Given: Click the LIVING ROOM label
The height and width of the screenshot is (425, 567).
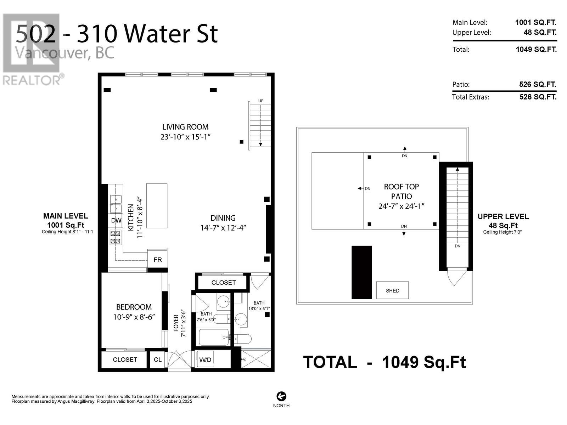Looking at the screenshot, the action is (x=185, y=127).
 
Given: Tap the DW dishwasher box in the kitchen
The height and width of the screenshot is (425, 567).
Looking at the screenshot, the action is (x=116, y=220).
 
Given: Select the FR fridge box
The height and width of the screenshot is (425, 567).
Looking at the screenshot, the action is (x=157, y=259).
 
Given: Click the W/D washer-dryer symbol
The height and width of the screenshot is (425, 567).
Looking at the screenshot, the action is (x=205, y=359).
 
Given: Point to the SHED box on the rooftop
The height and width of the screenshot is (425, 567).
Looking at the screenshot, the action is (x=392, y=290).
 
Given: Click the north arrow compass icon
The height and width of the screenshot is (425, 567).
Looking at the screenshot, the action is (x=281, y=396).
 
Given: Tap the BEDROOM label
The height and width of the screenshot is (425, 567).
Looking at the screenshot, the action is (x=134, y=307).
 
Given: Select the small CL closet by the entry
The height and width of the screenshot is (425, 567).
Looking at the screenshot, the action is (x=158, y=359).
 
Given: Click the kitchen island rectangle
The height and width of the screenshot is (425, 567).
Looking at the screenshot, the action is (x=157, y=206).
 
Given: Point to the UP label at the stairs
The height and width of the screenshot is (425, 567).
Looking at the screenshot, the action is (x=260, y=101).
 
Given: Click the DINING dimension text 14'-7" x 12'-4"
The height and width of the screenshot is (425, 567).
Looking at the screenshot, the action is (x=223, y=228).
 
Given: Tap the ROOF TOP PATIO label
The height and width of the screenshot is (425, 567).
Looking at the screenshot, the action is (x=401, y=192).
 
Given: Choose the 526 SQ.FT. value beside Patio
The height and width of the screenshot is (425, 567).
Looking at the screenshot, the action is (x=538, y=84).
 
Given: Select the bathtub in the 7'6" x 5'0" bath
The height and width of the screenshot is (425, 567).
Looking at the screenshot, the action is (x=214, y=337).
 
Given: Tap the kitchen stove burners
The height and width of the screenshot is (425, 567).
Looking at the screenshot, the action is (x=116, y=237).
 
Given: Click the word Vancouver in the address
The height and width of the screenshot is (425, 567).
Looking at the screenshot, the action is (x=51, y=53).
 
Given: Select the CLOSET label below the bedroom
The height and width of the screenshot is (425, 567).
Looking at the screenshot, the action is (x=125, y=359).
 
